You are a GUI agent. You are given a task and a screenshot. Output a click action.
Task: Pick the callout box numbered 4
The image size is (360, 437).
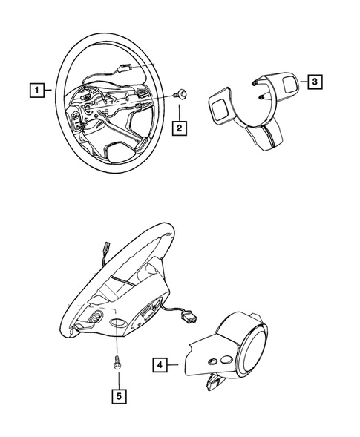click(160, 364)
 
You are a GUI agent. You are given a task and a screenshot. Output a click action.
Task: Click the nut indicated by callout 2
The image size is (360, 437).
click(181, 94)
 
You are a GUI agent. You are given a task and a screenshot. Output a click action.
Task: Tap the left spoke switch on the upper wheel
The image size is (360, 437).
click(78, 122)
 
